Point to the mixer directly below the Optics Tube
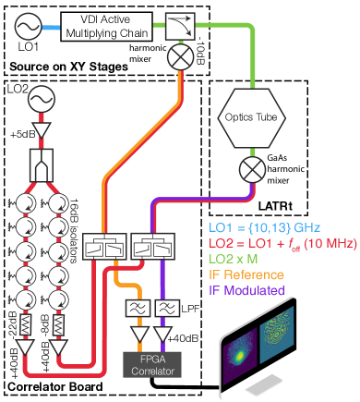click(249, 170)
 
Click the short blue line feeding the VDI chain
click(52, 27)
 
